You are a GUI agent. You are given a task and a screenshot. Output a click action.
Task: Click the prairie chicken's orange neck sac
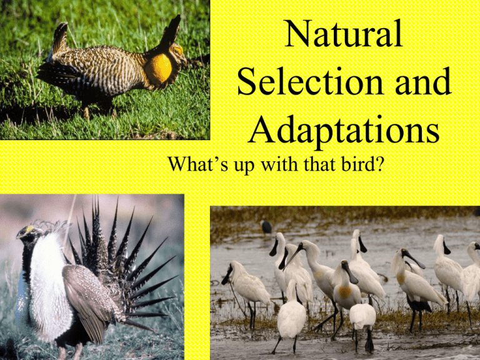coord(159,69)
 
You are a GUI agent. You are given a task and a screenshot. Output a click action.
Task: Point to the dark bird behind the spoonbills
coord(266,227)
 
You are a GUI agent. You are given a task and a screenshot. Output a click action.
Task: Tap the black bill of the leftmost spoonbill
coord(226,276)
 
